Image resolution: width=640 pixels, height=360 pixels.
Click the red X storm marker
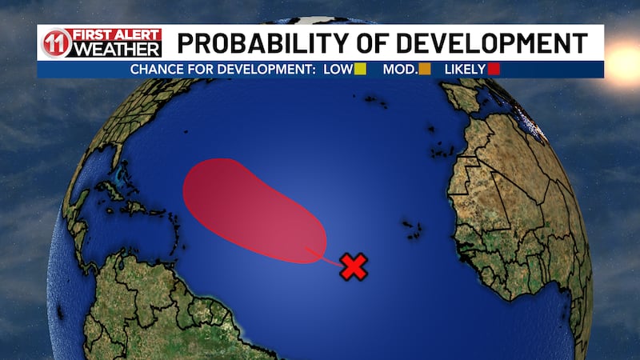pyautogui.click(x=353, y=266)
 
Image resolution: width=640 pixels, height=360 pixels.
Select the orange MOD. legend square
pyautogui.click(x=425, y=70)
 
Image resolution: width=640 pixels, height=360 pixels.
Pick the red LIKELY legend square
pyautogui.click(x=494, y=70)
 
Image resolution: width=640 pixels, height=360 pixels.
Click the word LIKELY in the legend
pyautogui.click(x=463, y=70)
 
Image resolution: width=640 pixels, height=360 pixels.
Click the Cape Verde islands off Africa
pyautogui.click(x=413, y=226)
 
